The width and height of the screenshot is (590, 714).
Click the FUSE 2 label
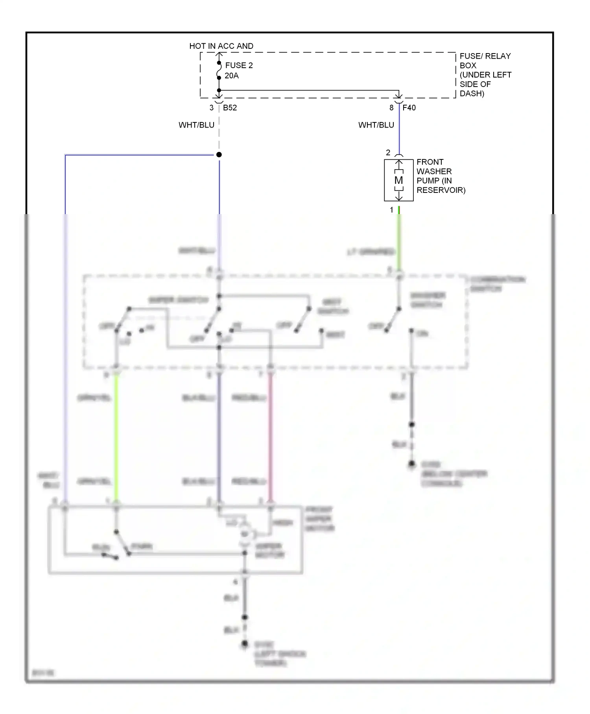239,65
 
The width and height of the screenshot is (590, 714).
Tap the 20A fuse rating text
232,76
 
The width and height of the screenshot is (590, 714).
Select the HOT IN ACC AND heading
221,46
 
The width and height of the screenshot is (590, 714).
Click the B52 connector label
230,108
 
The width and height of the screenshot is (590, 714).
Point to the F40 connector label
409,108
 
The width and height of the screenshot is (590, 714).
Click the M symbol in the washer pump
398,180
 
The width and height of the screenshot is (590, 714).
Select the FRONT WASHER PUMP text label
441,176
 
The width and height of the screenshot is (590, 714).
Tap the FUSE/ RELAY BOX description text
485,75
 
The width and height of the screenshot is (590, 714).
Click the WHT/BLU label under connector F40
376,125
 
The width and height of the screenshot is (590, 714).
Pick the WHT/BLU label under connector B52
196,125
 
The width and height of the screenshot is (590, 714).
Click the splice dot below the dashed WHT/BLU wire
219,155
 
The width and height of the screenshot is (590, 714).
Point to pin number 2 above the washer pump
388,153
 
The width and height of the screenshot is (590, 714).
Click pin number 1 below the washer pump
391,210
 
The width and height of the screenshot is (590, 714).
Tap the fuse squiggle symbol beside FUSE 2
219,70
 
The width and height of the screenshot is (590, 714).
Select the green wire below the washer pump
399,240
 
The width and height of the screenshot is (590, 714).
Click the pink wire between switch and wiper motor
270,437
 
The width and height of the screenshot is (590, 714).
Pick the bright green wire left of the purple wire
116,437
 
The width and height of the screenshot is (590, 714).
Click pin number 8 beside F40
391,108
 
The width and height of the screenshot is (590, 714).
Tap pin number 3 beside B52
211,108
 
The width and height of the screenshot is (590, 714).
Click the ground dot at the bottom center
245,644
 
